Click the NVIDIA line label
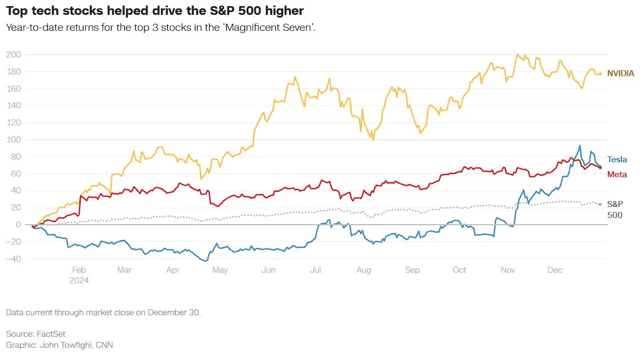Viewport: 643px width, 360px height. point(620,73)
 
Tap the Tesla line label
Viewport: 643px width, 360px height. point(617,160)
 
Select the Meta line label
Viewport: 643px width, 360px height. point(617,174)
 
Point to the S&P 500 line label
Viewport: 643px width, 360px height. point(615,209)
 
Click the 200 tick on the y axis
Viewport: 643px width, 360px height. point(14,55)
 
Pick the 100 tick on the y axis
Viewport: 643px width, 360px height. point(14,139)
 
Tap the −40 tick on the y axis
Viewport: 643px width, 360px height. point(14,259)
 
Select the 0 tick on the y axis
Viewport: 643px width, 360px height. point(18,225)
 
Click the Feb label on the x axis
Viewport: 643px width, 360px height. point(79,270)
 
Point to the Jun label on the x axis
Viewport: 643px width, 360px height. point(268,270)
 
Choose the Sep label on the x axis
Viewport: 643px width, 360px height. point(412,270)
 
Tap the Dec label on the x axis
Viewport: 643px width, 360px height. point(555,270)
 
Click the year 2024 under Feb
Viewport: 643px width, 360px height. point(79,280)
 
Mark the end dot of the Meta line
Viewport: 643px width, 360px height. point(601,168)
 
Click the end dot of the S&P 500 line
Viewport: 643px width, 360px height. point(601,204)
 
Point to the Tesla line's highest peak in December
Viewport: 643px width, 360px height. point(580,146)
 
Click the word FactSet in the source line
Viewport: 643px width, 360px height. point(51,333)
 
